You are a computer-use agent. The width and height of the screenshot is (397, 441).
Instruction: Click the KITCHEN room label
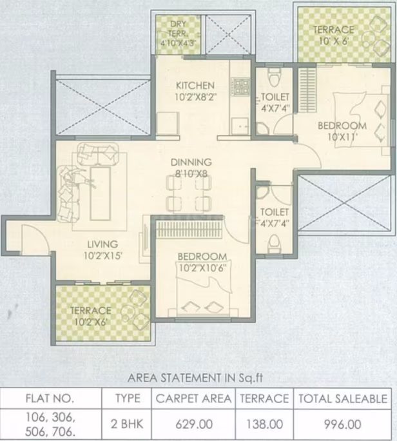(x=195, y=85)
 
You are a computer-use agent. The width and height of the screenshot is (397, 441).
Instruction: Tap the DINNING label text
(x=191, y=162)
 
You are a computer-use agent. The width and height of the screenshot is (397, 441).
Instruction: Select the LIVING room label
(x=102, y=244)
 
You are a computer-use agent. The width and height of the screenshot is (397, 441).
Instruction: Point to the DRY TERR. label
(x=179, y=29)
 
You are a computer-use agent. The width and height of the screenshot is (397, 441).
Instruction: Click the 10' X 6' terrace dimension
(x=334, y=41)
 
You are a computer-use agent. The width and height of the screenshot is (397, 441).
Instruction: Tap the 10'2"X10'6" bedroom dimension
(x=202, y=268)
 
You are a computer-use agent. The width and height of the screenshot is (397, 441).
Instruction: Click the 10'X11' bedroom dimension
(x=342, y=137)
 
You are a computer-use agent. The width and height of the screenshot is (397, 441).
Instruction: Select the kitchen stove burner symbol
(x=240, y=86)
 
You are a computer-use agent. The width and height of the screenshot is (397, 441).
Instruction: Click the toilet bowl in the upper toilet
(x=274, y=77)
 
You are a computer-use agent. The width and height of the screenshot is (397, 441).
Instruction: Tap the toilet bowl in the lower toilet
(x=274, y=244)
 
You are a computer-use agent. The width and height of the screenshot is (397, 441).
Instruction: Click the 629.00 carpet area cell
(x=194, y=424)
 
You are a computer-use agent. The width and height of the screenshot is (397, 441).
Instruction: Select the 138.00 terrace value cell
(x=265, y=424)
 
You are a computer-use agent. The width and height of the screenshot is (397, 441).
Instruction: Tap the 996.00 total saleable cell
(x=342, y=424)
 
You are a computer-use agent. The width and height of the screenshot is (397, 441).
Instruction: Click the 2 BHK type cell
(x=127, y=424)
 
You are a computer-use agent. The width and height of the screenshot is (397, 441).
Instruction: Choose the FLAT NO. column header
(x=50, y=398)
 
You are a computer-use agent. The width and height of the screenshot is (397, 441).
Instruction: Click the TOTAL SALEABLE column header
(x=343, y=399)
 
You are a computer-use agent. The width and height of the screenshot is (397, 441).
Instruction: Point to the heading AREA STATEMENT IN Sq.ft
(x=195, y=378)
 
